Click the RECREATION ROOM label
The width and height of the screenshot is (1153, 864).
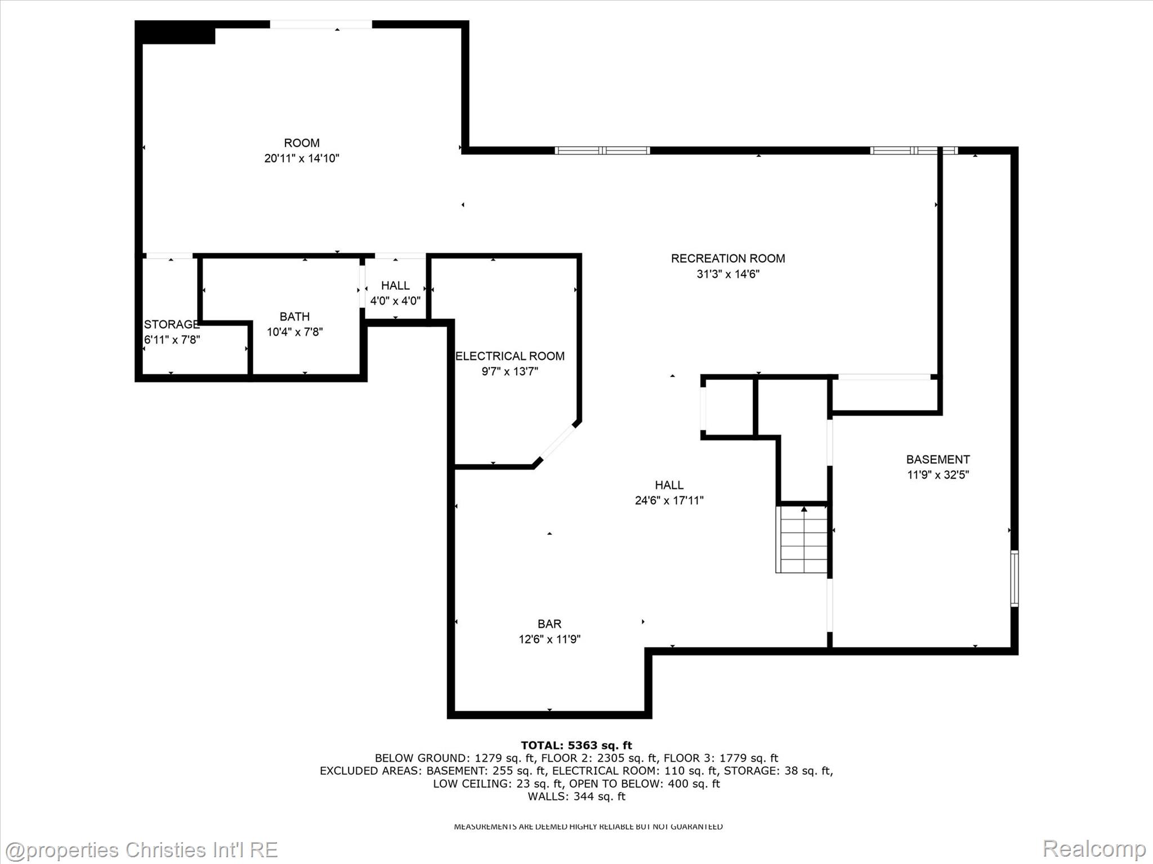click(x=727, y=259)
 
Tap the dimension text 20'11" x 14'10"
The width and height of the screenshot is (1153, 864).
click(x=302, y=159)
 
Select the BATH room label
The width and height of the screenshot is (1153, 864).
click(x=294, y=317)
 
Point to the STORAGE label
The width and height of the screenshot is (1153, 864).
click(x=171, y=325)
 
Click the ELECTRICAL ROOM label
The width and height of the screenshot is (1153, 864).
click(x=510, y=356)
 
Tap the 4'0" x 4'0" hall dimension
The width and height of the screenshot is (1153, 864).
click(x=395, y=301)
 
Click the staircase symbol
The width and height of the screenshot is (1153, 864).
click(x=801, y=540)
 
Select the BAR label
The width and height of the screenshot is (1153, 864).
click(x=549, y=624)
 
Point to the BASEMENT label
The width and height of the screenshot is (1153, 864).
click(x=937, y=460)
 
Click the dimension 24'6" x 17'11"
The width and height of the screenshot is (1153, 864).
click(x=669, y=501)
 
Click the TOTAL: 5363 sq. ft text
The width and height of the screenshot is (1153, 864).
click(x=576, y=745)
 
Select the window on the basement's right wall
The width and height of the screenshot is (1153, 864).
click(x=1014, y=578)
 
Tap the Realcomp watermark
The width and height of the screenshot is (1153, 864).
click(x=1094, y=848)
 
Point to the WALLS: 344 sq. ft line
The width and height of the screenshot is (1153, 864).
click(x=576, y=796)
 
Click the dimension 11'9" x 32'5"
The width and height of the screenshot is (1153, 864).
click(x=937, y=475)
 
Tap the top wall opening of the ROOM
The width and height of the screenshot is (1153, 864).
click(x=321, y=24)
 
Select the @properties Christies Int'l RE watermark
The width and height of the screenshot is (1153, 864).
click(x=141, y=849)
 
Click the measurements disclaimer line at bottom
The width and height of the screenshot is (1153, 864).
click(x=588, y=826)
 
